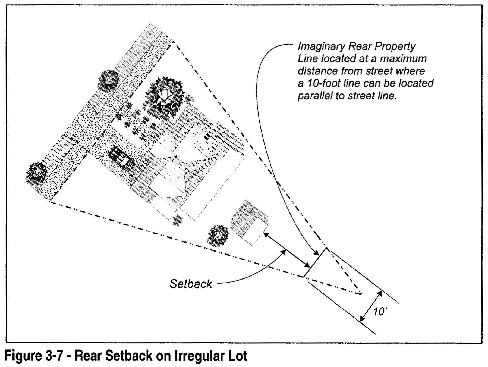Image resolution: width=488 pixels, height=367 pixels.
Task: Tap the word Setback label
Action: [191, 284]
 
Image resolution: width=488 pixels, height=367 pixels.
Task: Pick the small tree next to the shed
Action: [217, 235]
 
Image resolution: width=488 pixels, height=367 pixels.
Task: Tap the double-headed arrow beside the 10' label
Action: [370, 306]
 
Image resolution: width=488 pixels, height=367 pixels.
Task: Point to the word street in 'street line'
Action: [360, 96]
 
